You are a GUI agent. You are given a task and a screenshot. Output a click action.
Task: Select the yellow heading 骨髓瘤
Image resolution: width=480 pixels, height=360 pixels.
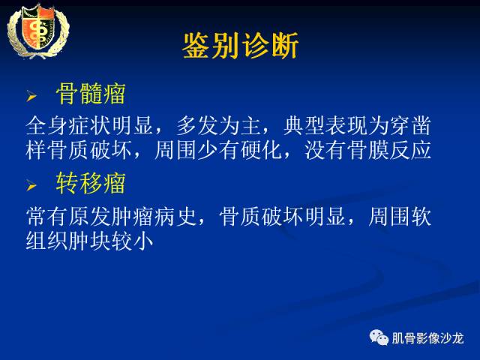coord(91,94)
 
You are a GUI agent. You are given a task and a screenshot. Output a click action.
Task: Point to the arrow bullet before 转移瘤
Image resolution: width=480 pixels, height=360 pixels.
coord(31,184)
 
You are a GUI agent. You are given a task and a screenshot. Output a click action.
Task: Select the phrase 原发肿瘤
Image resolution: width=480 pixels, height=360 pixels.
coord(112,217)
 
